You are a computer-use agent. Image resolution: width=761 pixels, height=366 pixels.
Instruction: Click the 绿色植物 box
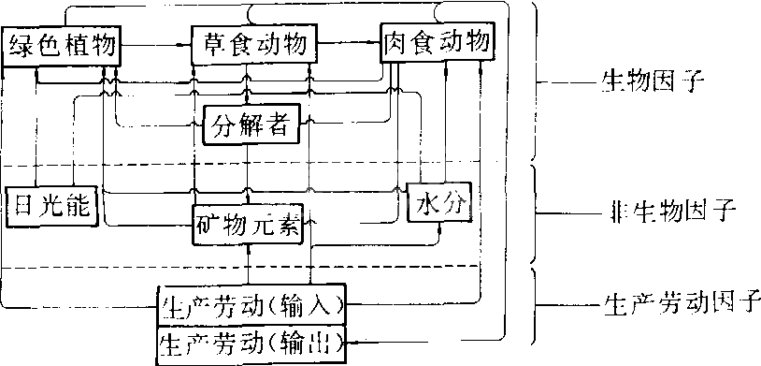[x=63, y=44]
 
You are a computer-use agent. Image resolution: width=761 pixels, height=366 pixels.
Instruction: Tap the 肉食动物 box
[x=437, y=42]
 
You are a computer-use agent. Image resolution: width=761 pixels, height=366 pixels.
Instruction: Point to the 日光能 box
[x=50, y=205]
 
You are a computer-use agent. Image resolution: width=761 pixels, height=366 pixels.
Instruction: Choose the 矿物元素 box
[x=250, y=226]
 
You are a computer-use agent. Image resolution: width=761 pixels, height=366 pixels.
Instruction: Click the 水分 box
[x=438, y=202]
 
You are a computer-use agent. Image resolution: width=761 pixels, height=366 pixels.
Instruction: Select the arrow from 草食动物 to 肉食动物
[x=348, y=43]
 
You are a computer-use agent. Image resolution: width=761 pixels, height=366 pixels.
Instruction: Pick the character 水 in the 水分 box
[x=425, y=202]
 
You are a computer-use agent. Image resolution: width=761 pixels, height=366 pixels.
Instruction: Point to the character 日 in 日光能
[x=22, y=205]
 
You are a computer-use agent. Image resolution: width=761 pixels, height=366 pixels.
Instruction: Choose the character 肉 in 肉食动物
[x=397, y=42]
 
